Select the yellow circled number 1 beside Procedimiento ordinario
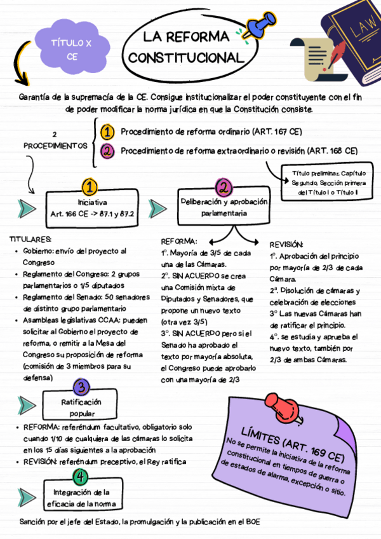point(107,132)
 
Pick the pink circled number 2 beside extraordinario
point(107,151)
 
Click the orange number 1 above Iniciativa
point(91,187)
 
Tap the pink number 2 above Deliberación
point(223,187)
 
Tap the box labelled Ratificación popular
point(81,407)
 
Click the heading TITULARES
point(30,240)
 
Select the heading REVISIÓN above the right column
point(286,245)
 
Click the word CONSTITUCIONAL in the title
point(185,58)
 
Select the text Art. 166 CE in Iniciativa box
point(68,214)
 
